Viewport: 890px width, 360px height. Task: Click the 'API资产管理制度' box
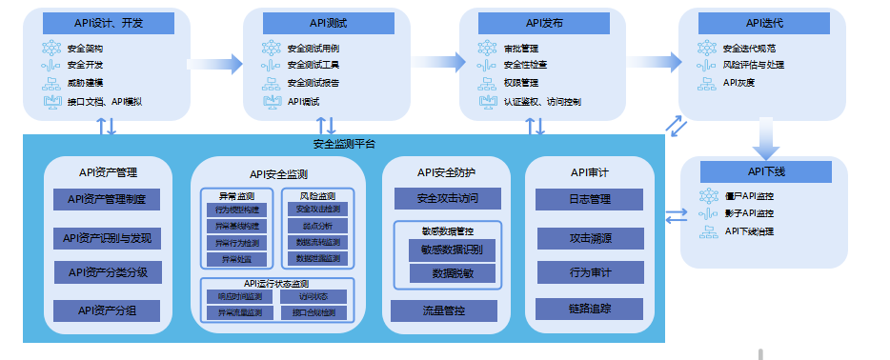click(107, 200)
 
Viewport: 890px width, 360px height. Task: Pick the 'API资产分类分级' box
click(107, 272)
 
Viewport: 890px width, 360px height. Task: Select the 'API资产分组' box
click(107, 310)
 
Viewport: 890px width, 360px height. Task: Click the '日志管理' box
click(589, 200)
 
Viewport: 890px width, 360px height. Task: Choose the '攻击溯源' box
click(589, 237)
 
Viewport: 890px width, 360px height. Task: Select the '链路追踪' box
click(589, 309)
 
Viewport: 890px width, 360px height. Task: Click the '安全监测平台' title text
click(344, 145)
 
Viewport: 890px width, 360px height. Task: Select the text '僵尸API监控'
click(748, 196)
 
